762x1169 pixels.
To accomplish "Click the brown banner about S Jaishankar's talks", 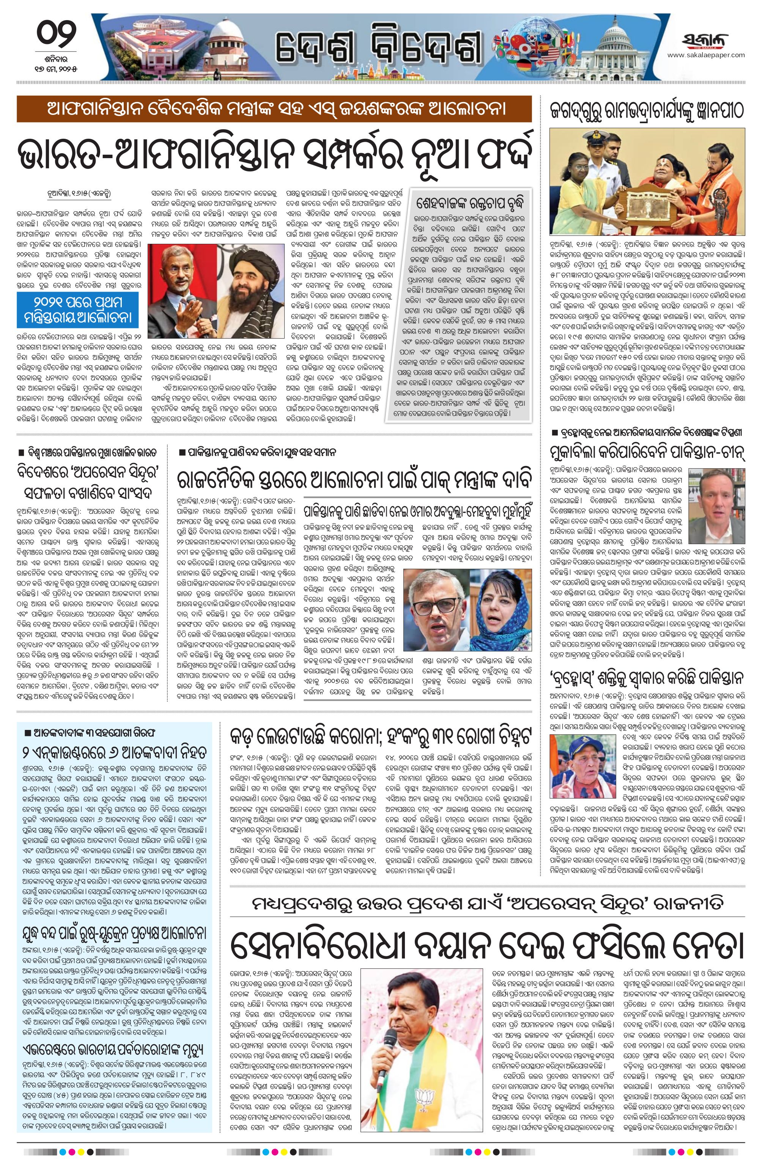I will pos(274,108).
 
